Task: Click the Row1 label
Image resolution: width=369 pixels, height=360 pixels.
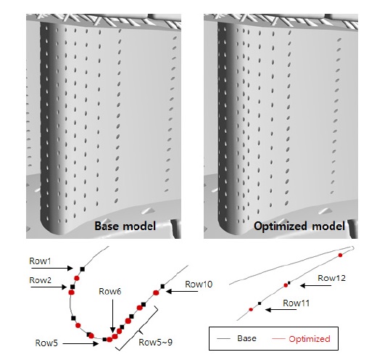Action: [40, 261]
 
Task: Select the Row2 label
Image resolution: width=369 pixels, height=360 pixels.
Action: [40, 280]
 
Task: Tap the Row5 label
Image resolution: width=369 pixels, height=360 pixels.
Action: [46, 343]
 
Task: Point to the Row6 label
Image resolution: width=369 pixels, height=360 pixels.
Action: [109, 292]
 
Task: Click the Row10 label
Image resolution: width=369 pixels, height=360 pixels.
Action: [199, 285]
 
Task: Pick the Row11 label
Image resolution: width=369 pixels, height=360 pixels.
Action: [296, 303]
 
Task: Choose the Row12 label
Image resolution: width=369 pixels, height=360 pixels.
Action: [331, 278]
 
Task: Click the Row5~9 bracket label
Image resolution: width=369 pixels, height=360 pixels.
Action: [156, 343]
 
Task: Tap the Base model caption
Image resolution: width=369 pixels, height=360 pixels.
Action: [125, 226]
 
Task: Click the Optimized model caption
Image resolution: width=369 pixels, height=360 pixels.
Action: [299, 226]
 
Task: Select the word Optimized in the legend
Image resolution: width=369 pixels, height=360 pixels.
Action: [310, 339]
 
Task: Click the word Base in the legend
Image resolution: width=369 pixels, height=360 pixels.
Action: [246, 338]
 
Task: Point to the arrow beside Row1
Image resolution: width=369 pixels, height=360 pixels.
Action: [52, 268]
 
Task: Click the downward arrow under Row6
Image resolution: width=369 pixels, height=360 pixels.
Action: [112, 316]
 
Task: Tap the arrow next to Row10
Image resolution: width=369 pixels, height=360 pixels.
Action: [182, 292]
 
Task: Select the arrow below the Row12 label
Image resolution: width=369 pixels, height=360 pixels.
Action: [315, 286]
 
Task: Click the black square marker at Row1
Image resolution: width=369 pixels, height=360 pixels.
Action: [83, 269]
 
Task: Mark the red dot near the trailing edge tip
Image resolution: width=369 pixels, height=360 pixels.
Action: [340, 255]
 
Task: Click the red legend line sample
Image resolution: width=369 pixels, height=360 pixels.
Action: [278, 339]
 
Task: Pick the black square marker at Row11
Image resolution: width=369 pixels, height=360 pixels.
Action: [260, 303]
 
